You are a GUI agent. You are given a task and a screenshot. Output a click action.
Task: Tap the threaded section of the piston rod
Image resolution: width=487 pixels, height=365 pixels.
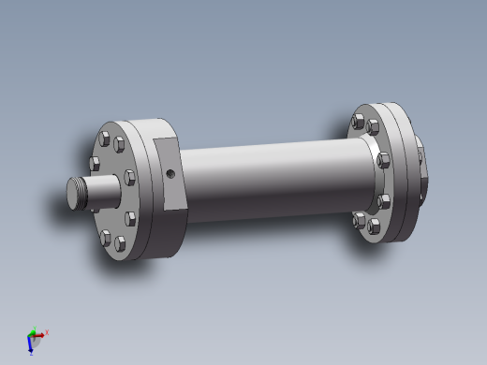coord(90,193)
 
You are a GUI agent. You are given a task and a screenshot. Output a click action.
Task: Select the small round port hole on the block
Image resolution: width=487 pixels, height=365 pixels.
coord(169,173)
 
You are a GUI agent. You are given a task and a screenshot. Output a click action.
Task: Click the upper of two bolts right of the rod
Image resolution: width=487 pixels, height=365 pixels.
coord(128,175)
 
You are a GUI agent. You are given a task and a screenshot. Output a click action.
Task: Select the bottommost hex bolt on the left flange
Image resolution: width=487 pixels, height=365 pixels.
coord(119,243)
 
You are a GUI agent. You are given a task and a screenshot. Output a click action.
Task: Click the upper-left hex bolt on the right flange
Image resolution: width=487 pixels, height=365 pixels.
coord(358,120)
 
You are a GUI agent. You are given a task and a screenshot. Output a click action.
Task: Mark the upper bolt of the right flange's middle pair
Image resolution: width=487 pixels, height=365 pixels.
coord(382,159)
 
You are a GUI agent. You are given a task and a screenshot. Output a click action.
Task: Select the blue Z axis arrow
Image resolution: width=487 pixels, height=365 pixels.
coord(31,346)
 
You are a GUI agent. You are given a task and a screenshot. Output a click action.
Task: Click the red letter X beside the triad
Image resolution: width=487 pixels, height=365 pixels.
coord(47,331)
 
